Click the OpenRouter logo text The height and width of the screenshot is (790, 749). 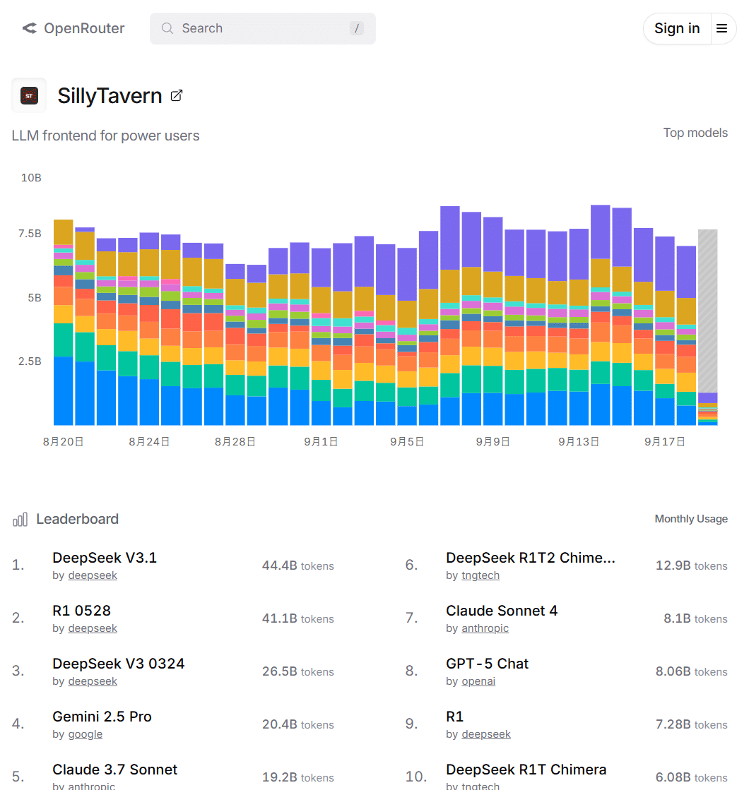click(83, 28)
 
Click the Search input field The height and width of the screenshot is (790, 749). click(261, 28)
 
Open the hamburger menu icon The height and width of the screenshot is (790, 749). click(721, 28)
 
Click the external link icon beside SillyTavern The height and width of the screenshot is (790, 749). click(177, 95)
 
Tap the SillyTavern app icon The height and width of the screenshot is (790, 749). click(29, 95)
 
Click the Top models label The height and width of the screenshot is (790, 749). click(695, 133)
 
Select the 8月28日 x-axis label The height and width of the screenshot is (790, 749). click(235, 442)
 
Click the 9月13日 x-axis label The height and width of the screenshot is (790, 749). click(578, 442)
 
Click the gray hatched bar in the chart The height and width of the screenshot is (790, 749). click(707, 311)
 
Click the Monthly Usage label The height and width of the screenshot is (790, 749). click(690, 519)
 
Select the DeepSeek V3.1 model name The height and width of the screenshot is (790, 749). click(105, 558)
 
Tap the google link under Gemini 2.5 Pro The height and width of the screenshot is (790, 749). click(85, 734)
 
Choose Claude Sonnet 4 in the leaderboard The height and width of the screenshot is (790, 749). click(502, 611)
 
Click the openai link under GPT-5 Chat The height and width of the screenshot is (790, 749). click(478, 681)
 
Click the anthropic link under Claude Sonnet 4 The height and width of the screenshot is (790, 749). click(485, 628)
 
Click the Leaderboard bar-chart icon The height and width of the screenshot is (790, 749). click(20, 520)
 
